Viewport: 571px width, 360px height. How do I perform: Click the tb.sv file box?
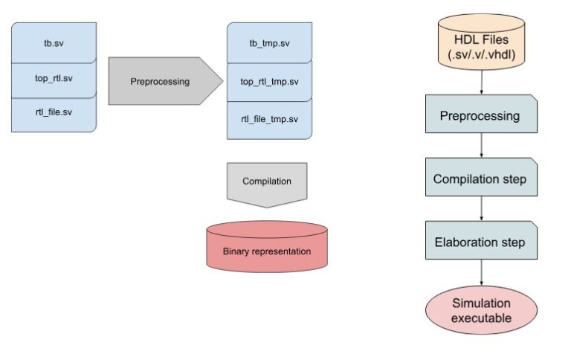coord(54,42)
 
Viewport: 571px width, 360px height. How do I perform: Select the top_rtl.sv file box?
coord(54,80)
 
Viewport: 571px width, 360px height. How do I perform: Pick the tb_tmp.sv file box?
coord(268,43)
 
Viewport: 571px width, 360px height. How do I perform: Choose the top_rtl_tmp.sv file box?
coord(268,80)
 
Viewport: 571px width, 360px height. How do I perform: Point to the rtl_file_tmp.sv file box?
coord(268,118)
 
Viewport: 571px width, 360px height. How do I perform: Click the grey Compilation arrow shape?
coord(266,182)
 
